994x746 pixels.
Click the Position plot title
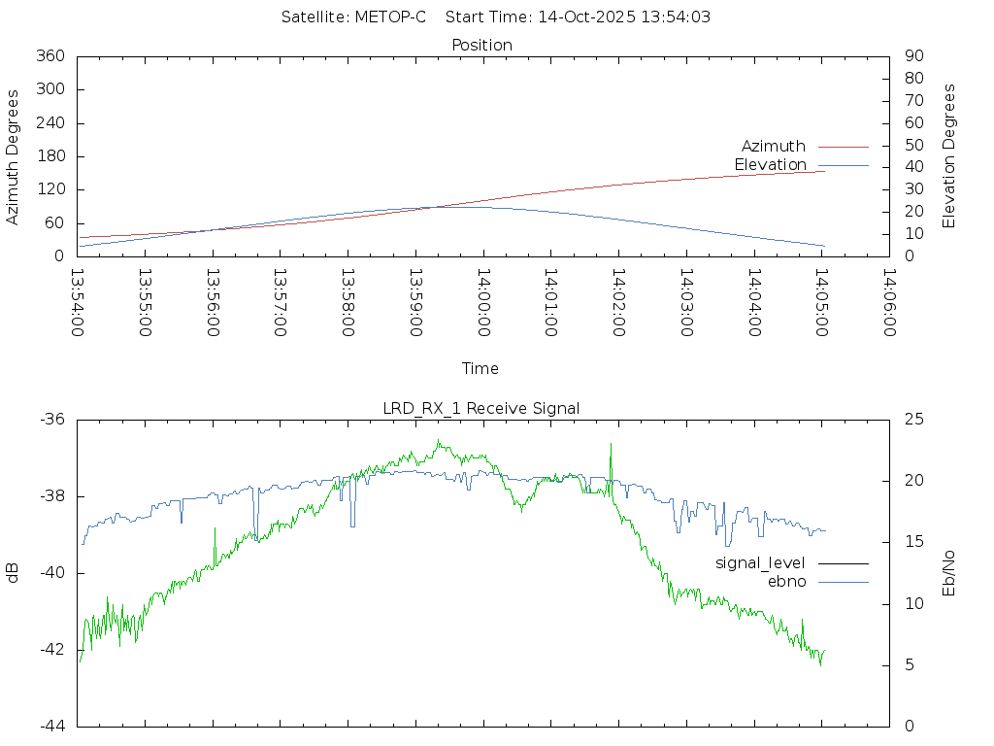pyautogui.click(x=481, y=45)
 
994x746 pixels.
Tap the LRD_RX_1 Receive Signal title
pyautogui.click(x=481, y=408)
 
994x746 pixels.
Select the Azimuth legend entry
pyautogui.click(x=774, y=146)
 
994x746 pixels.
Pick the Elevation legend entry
pyautogui.click(x=771, y=164)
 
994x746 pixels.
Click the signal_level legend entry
pyautogui.click(x=761, y=563)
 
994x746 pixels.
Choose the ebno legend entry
pyautogui.click(x=786, y=581)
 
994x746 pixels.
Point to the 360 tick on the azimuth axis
pyautogui.click(x=50, y=56)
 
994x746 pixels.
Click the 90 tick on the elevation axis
pyautogui.click(x=912, y=56)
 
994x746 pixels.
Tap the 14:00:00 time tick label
pyautogui.click(x=482, y=303)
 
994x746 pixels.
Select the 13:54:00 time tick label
pyautogui.click(x=78, y=303)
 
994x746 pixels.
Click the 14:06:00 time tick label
pyautogui.click(x=888, y=303)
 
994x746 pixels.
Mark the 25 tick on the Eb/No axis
pyautogui.click(x=913, y=420)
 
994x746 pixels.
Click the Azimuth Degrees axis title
pyautogui.click(x=14, y=156)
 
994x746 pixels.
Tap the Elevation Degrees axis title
pyautogui.click(x=949, y=155)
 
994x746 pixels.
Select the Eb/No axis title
pyautogui.click(x=949, y=573)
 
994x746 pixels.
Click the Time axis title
pyautogui.click(x=480, y=368)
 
